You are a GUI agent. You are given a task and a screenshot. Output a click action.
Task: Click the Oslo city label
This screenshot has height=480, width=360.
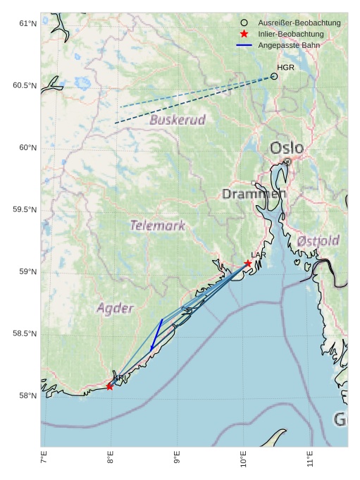point(287,148)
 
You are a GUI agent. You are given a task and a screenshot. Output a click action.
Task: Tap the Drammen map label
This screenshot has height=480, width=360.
point(254,193)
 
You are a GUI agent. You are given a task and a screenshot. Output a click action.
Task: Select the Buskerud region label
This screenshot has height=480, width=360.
point(178,120)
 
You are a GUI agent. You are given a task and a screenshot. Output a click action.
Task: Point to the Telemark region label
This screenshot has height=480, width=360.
point(158,226)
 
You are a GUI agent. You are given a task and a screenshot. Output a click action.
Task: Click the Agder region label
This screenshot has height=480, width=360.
point(115,308)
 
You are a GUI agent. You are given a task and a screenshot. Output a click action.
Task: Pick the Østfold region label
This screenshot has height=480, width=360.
point(318,241)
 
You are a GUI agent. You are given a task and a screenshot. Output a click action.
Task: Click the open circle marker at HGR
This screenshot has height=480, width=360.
point(274,76)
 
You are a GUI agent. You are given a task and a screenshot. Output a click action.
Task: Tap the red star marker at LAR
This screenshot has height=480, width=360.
point(248,264)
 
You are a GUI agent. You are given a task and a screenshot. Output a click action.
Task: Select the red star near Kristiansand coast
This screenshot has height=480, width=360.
point(110,386)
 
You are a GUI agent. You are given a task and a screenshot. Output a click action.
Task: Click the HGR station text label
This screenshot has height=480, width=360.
point(285,68)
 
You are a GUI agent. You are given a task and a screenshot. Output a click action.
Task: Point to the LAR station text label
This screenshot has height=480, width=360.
point(259,255)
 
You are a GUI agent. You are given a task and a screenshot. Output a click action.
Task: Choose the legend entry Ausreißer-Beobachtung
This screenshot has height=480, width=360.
point(299,23)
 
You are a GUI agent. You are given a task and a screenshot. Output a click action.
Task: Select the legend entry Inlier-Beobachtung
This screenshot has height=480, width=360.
point(290,34)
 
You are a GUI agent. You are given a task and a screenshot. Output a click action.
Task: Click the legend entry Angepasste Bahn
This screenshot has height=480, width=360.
point(289,45)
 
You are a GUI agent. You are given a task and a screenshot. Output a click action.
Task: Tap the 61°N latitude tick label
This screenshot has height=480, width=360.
point(27,24)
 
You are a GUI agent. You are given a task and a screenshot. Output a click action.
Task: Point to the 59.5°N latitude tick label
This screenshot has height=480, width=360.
point(25,210)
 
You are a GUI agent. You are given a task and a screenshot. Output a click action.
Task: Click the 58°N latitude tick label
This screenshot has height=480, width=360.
point(27,396)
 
